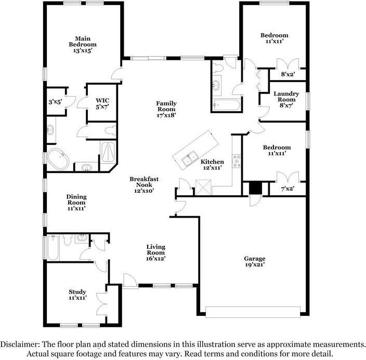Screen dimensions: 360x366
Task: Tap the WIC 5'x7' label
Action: coord(102,103)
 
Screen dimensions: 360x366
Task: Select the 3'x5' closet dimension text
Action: coord(55,102)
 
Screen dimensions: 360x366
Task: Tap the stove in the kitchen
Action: coord(237,161)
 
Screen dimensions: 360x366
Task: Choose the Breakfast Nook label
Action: coord(144,184)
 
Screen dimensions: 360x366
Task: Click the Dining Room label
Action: coord(76,202)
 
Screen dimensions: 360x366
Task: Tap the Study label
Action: coord(77,295)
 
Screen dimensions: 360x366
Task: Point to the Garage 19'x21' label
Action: coord(255,262)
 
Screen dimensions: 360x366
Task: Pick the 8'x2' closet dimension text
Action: coord(287,74)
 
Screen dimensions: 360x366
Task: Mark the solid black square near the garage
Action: coord(255,188)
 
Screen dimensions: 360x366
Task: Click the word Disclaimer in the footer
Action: coord(21,344)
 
